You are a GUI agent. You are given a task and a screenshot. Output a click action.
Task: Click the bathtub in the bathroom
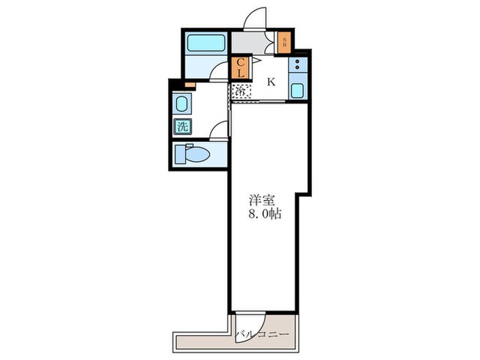pyautogui.click(x=206, y=43)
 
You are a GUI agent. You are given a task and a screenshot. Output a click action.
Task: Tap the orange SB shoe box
pyautogui.click(x=285, y=43)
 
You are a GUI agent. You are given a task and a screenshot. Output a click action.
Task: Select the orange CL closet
pyautogui.click(x=241, y=68)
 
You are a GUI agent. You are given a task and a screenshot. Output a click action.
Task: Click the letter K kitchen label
pyautogui.click(x=272, y=82)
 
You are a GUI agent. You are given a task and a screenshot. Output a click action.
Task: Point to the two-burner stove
pyautogui.click(x=298, y=64)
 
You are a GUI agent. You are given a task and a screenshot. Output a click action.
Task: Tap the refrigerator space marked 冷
pyautogui.click(x=241, y=91)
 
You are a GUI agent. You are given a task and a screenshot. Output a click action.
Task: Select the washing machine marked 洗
pyautogui.click(x=183, y=126)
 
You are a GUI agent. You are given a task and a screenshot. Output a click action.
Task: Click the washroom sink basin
pyautogui.click(x=182, y=104)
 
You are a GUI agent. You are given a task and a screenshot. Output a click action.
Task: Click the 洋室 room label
pyautogui.click(x=261, y=200)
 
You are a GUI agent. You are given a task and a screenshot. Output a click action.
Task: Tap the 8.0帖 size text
pyautogui.click(x=265, y=214)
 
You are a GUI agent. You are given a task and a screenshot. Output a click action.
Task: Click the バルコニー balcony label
pyautogui.click(x=262, y=334)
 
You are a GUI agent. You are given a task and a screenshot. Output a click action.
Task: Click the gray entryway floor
pyautogui.click(x=248, y=43)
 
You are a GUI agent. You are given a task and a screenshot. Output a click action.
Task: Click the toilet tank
pyautogui.click(x=180, y=154)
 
